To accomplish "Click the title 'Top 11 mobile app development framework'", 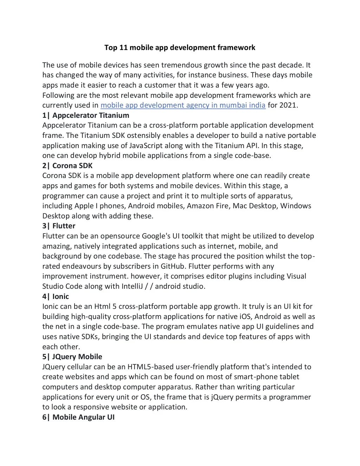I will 180,47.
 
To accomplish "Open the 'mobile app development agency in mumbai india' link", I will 183,105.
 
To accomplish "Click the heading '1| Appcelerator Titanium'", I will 86,115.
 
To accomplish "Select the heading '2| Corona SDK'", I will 67,166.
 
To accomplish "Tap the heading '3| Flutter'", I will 59,226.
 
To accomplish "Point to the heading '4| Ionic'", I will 56,296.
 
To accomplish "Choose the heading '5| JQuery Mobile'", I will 72,357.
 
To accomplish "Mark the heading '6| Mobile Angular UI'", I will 78,417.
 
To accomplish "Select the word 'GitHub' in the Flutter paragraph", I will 173,266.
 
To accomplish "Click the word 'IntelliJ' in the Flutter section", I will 132,286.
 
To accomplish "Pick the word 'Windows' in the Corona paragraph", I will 296,206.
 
